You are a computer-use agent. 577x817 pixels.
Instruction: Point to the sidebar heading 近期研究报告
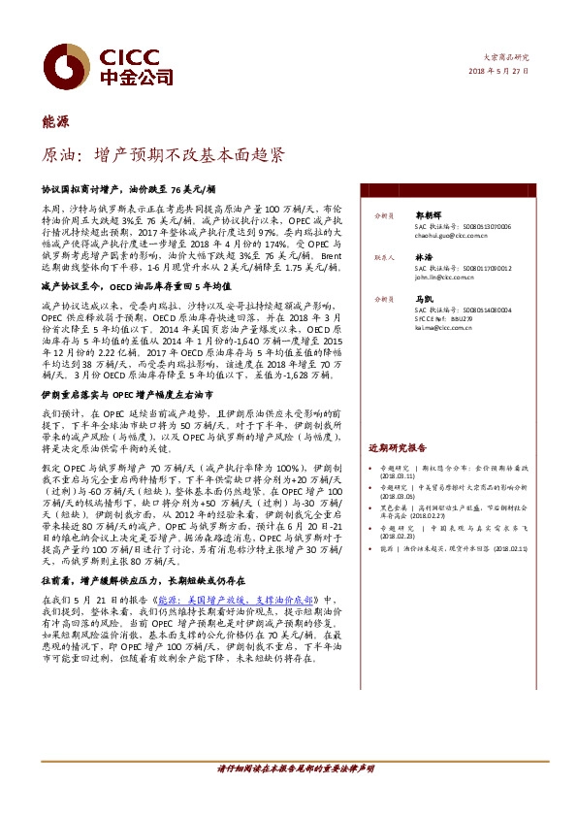click(397, 449)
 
